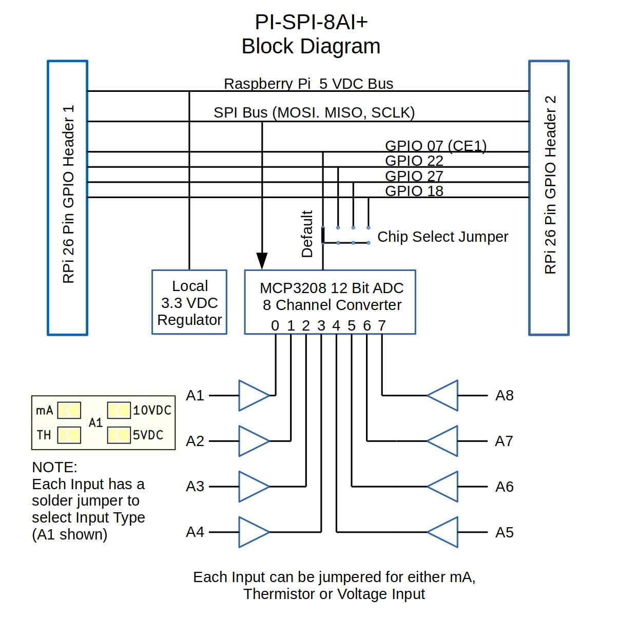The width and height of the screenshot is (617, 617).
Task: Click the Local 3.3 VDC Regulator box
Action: [x=189, y=302]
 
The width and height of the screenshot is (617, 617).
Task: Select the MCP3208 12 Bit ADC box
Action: [x=330, y=302]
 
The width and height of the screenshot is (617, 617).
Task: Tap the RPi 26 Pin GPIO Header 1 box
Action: [x=68, y=198]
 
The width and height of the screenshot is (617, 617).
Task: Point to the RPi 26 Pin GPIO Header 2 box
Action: [x=549, y=198]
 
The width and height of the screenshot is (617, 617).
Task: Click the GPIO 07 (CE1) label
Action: [x=435, y=146]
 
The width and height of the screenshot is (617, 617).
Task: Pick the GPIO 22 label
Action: [x=414, y=161]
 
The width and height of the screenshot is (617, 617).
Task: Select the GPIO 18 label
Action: [x=414, y=191]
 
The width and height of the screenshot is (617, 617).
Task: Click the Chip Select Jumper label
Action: [x=442, y=237]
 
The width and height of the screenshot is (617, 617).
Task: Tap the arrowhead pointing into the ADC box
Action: [x=262, y=260]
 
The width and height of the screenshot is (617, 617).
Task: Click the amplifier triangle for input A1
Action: [x=253, y=395]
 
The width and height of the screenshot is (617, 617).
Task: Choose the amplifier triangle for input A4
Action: [x=253, y=532]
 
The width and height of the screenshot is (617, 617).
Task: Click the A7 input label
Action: [x=504, y=441]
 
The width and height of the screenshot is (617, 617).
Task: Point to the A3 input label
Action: [x=195, y=486]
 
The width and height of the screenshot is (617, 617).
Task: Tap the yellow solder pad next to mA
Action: [x=69, y=410]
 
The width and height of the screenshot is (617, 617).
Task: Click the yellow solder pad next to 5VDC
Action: [x=119, y=435]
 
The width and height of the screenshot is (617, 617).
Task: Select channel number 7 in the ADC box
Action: [x=382, y=325]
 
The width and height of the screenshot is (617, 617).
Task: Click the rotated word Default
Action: [x=307, y=234]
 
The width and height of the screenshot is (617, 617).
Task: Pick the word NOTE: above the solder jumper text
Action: [x=54, y=467]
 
